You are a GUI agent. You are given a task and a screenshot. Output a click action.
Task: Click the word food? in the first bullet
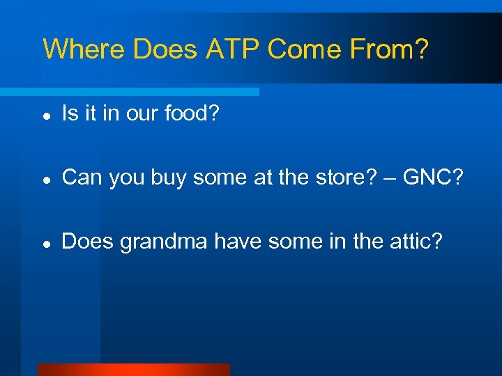point(192,113)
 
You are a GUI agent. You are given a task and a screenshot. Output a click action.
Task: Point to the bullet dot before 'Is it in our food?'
point(45,115)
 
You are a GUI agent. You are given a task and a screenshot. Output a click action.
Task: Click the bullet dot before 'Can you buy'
point(45,179)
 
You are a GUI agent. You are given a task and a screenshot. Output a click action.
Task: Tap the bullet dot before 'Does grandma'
point(45,244)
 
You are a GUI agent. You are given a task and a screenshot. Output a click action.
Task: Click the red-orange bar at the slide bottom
point(132,370)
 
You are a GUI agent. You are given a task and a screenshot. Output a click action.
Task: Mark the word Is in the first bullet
point(70,113)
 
